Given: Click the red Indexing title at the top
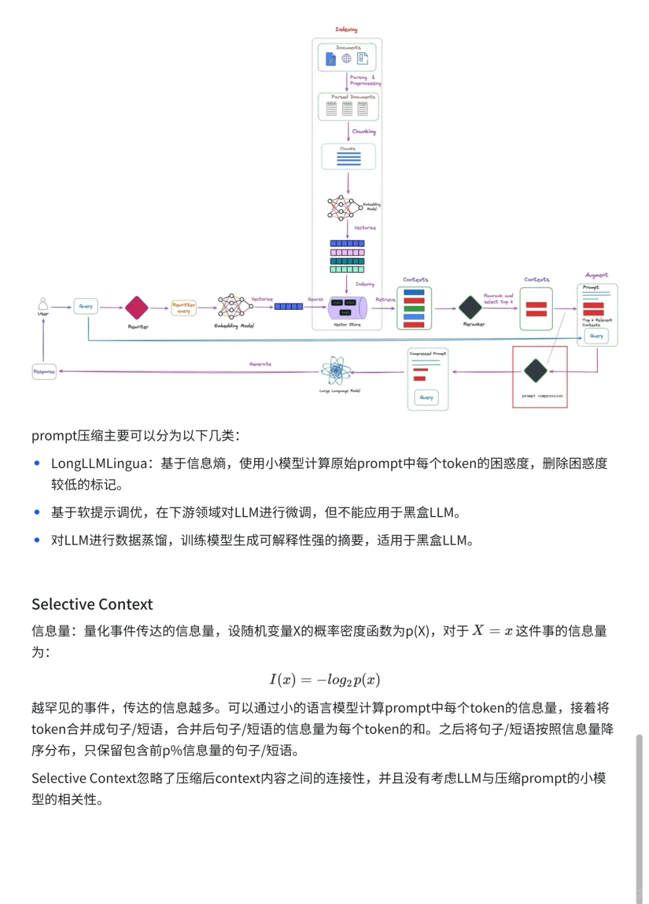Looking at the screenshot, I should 346,29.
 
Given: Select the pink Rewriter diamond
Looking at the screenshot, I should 136,308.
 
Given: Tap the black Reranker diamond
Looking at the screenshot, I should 471,308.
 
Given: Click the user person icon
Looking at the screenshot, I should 43,303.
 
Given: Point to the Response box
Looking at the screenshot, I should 44,371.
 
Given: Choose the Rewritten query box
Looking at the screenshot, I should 183,308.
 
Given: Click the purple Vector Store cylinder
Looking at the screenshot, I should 347,308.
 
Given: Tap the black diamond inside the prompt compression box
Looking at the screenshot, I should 535,371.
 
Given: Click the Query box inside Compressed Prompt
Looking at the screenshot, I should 427,397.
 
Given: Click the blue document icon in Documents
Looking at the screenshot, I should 331,59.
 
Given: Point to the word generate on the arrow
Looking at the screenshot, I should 260,364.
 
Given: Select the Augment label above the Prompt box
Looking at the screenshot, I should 597,275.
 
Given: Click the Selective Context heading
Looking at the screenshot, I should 92,604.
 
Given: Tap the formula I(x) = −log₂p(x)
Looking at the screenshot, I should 324,680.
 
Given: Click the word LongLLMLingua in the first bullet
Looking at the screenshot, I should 99,464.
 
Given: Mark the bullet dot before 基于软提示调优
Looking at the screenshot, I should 37,512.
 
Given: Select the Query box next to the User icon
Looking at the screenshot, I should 86,306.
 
